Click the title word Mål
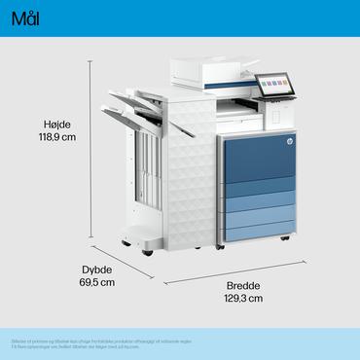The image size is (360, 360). [26, 20]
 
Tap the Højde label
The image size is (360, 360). [58, 124]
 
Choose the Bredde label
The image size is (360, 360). [244, 285]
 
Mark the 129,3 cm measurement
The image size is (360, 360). [244, 299]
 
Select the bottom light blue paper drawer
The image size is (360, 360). [257, 230]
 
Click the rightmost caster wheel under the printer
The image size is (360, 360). [284, 239]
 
